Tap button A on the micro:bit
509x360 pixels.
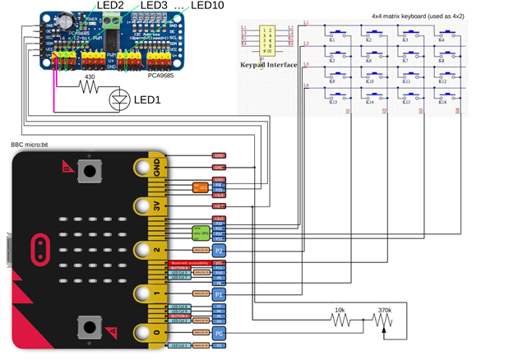click(x=88, y=173)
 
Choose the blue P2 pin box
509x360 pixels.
click(x=219, y=249)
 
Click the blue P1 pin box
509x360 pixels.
click(x=219, y=293)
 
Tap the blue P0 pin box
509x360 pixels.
click(x=219, y=335)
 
